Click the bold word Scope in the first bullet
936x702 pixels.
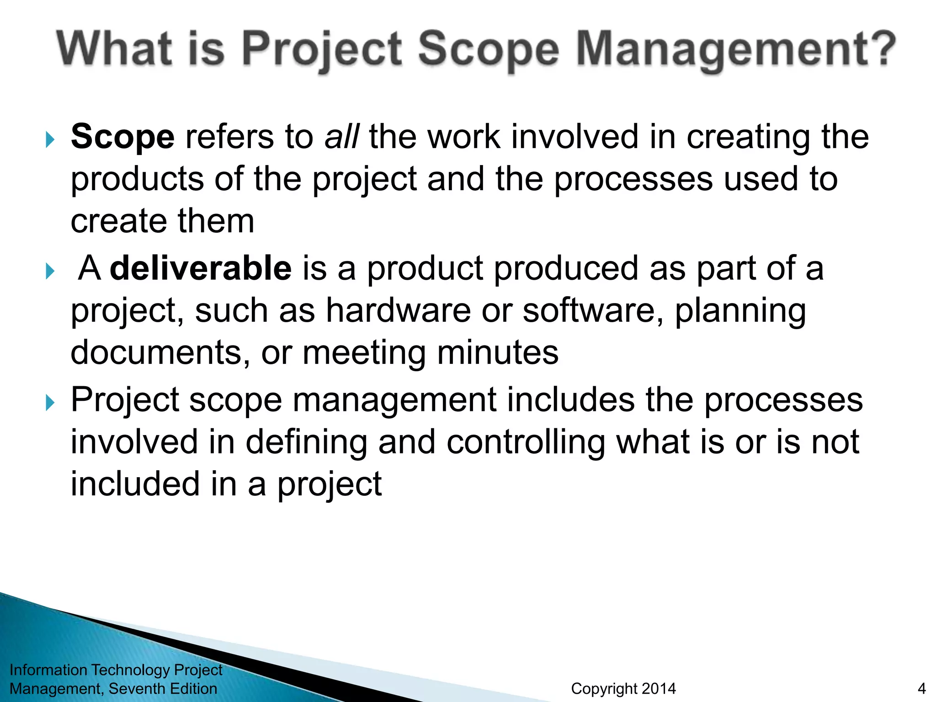coord(122,137)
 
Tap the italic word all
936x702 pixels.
coord(341,137)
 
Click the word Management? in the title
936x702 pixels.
coord(735,49)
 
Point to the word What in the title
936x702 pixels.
coord(115,49)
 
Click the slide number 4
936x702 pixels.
coord(921,689)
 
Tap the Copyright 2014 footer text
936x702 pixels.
coord(623,689)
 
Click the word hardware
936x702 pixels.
coord(398,310)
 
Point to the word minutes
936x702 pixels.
coord(498,352)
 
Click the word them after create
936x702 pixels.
coord(216,221)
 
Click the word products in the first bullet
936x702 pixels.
coord(137,179)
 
